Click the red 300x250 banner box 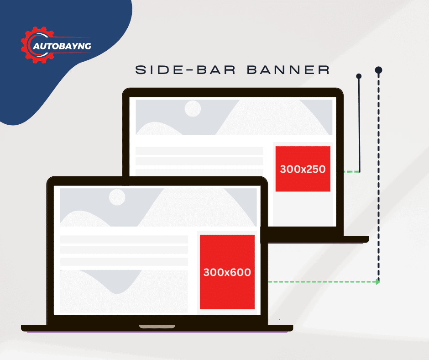[x=303, y=169]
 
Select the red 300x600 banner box [x=227, y=272]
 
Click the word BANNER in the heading [x=288, y=70]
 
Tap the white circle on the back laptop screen [x=193, y=109]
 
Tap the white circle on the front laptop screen [x=117, y=197]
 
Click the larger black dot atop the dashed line [x=378, y=70]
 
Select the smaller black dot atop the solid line [x=359, y=76]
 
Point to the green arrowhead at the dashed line [x=377, y=282]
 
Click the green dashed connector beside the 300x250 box [x=348, y=172]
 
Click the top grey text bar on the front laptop [x=124, y=239]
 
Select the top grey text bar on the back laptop [x=199, y=151]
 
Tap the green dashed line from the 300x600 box [x=319, y=282]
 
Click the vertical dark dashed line [x=379, y=183]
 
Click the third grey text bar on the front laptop [x=124, y=261]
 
